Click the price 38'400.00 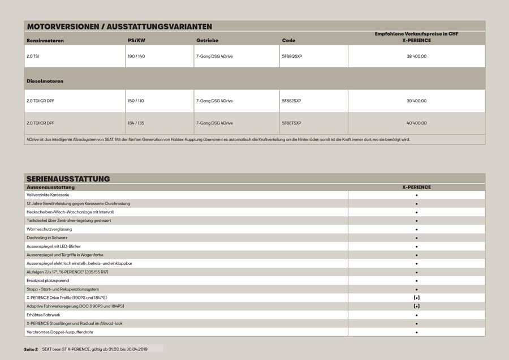(416, 57)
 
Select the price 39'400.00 (416, 101)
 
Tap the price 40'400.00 (416, 123)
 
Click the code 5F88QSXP (292, 57)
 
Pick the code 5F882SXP (291, 101)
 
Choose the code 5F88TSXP (291, 123)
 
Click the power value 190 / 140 (136, 57)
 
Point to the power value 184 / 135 (136, 123)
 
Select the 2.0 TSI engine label (33, 57)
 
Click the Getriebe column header (207, 41)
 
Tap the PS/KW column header (136, 41)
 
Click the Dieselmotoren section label (45, 81)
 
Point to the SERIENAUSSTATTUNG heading (68, 179)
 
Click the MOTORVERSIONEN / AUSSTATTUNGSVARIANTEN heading (119, 26)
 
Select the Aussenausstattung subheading (50, 187)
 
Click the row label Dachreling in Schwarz (47, 238)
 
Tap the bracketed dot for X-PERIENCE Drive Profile (416, 297)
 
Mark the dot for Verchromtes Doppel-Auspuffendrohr (416, 332)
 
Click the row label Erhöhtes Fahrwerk (44, 315)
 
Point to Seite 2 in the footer (31, 349)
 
